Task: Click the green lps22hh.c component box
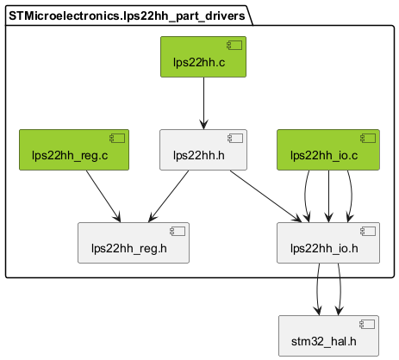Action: [203, 57]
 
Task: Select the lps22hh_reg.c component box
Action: [74, 150]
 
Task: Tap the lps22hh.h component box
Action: [203, 150]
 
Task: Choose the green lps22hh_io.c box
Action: [328, 150]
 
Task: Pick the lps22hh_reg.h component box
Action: [134, 243]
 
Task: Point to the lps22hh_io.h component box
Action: [328, 243]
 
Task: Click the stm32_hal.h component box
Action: [328, 336]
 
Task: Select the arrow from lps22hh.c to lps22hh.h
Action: [203, 103]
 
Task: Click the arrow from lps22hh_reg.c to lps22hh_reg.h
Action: [103, 196]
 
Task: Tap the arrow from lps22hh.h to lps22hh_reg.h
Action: [169, 196]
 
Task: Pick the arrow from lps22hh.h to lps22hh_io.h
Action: [265, 196]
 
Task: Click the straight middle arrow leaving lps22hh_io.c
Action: [328, 196]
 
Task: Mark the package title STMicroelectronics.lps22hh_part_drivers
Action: [127, 16]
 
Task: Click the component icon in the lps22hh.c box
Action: [234, 45]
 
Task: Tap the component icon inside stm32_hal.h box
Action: [367, 324]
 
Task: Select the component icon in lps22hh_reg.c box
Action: [117, 138]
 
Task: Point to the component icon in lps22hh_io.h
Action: [368, 231]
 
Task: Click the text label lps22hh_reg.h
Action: [129, 249]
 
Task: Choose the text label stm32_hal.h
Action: [324, 342]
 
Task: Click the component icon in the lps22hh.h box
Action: [235, 138]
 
